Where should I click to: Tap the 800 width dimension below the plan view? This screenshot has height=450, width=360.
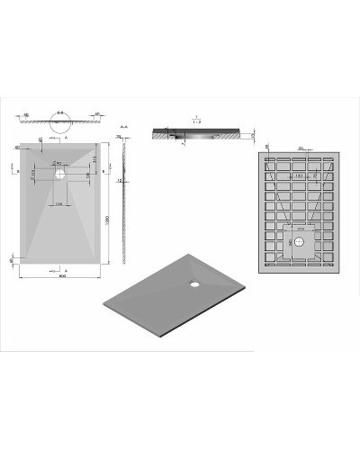[x=61, y=275]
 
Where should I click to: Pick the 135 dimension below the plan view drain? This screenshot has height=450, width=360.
[x=60, y=204]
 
